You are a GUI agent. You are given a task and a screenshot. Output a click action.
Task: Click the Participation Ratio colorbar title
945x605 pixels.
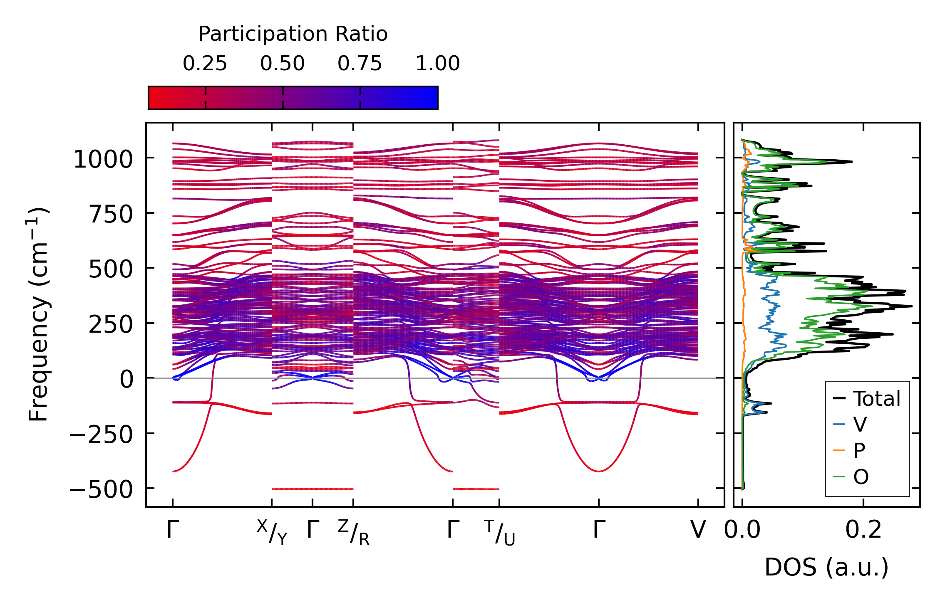click(x=293, y=34)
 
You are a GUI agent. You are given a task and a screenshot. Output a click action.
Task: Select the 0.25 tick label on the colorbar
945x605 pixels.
click(x=205, y=64)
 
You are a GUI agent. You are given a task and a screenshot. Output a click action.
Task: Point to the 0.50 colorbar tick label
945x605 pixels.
click(x=283, y=64)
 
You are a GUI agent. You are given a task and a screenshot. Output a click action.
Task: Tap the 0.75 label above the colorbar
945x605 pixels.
click(x=360, y=64)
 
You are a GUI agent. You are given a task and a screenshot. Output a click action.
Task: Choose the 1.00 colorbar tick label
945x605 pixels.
click(x=438, y=64)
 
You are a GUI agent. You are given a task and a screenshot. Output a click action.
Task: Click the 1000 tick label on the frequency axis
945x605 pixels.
click(x=103, y=159)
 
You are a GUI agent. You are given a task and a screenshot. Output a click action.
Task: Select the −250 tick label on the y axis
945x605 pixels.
click(x=101, y=435)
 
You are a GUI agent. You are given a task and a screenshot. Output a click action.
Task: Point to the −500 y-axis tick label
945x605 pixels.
click(x=101, y=490)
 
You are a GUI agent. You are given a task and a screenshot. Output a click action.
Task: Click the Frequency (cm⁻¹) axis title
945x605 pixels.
click(x=39, y=314)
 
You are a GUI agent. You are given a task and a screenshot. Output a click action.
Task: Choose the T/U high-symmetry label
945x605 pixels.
click(x=499, y=533)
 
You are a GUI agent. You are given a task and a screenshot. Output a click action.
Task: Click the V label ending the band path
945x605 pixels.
click(x=698, y=530)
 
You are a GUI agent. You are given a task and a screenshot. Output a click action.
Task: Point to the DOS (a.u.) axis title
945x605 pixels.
click(x=826, y=567)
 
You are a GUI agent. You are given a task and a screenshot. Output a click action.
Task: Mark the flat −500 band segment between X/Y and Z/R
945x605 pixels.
click(x=313, y=489)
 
